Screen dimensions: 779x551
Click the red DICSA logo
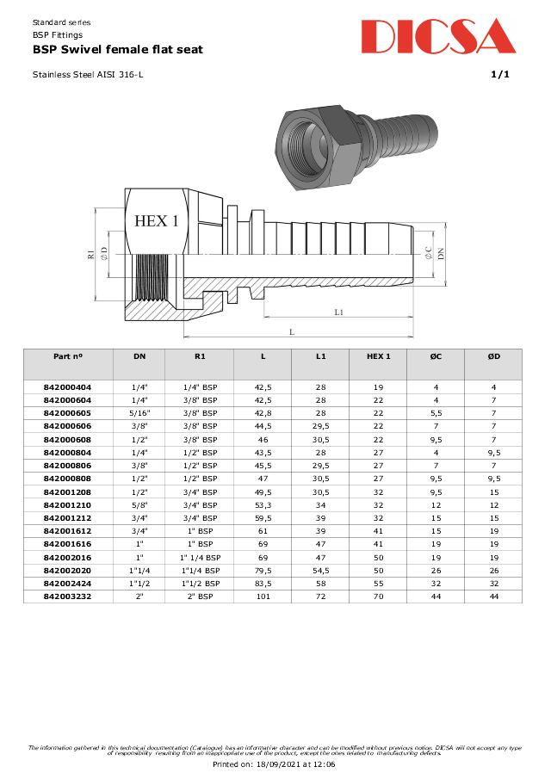(437, 36)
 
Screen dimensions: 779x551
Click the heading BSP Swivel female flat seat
(118, 50)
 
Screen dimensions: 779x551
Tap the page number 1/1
(499, 75)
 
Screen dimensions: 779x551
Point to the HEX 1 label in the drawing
(157, 221)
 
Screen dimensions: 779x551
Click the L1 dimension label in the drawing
(340, 312)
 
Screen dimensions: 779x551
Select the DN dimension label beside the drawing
(441, 253)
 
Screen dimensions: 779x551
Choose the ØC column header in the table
(436, 356)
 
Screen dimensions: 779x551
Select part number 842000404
(67, 387)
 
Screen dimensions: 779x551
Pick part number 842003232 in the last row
(67, 597)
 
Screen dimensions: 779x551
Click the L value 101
(263, 597)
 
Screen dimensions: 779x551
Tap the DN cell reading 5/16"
(139, 413)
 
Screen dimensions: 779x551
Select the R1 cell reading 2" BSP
(201, 597)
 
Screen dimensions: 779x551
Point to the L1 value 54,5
(320, 571)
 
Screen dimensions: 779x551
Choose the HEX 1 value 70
(378, 597)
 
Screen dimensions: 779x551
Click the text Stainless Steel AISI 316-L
(88, 75)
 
